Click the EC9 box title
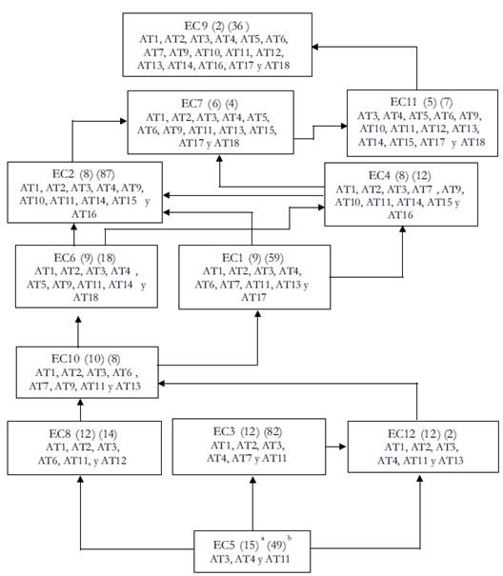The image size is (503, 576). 217,26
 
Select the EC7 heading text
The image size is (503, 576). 210,104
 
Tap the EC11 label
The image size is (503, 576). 421,102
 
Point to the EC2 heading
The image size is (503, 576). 84,174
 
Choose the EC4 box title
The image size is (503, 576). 400,176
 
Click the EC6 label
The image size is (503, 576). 85,258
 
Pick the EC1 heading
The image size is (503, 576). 252,258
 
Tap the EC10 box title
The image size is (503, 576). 86,359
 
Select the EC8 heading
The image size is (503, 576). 83,434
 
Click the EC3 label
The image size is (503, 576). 248,431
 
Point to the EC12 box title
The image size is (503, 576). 422,434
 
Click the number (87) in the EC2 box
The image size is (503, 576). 106,174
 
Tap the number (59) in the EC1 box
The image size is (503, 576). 274,258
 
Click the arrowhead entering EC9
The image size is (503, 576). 315,47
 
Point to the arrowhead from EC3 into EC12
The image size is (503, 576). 342,447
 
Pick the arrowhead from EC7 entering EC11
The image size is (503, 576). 344,126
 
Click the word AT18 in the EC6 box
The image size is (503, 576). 86,297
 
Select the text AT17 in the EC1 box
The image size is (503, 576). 253,297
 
